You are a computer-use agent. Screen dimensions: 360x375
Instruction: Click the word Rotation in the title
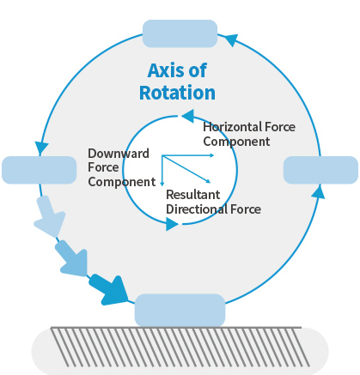point(177,93)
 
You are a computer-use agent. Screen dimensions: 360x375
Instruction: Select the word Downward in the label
point(119,154)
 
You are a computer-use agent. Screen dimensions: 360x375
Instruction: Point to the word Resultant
point(193,195)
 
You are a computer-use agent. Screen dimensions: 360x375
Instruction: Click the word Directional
point(197,209)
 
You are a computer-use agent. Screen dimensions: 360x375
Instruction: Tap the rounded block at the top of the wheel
point(180,33)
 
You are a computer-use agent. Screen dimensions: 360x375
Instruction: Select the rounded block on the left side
point(40,170)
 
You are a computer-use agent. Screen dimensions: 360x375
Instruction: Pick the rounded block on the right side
point(320,170)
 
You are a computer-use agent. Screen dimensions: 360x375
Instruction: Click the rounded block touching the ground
point(180,311)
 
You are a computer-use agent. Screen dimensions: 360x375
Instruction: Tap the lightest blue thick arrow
point(49,216)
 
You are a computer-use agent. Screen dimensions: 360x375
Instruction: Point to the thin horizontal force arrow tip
point(214,155)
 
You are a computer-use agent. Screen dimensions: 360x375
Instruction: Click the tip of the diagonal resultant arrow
point(211,182)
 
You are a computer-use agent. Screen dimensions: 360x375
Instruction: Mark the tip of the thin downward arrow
point(162,185)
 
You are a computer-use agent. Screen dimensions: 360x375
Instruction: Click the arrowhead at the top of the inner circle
point(187,116)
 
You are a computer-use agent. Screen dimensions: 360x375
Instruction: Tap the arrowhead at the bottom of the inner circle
point(173,224)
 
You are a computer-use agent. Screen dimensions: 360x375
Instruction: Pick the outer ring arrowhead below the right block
point(318,191)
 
